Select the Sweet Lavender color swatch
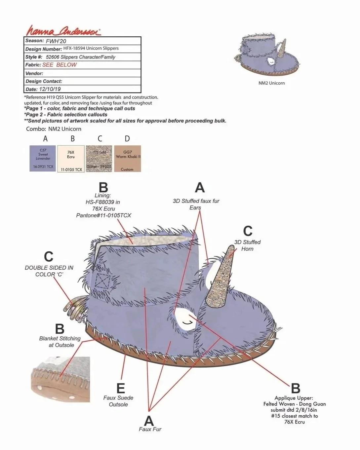point(43,158)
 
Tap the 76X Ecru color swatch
point(71,158)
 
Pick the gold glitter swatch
point(99,158)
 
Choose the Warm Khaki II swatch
point(127,158)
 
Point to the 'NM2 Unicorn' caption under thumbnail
point(271,83)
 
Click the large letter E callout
point(121,388)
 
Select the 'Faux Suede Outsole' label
point(118,401)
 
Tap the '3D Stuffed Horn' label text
point(247,245)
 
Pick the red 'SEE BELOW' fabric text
point(60,65)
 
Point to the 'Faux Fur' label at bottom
point(150,429)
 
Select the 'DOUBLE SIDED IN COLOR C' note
point(49,271)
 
